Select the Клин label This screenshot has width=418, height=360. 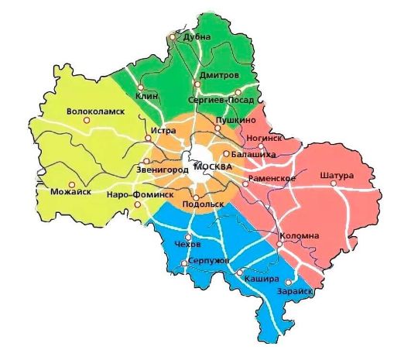pyautogui.click(x=146, y=95)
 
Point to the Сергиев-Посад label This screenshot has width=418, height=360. pyautogui.click(x=221, y=100)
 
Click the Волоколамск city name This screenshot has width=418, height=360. pyautogui.click(x=96, y=111)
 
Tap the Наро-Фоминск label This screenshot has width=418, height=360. pyautogui.click(x=140, y=194)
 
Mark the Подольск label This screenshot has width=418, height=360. pyautogui.click(x=203, y=204)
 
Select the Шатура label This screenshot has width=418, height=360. pyautogui.click(x=336, y=175)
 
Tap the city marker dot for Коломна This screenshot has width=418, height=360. pyautogui.click(x=279, y=244)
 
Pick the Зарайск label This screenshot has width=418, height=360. pyautogui.click(x=293, y=291)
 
